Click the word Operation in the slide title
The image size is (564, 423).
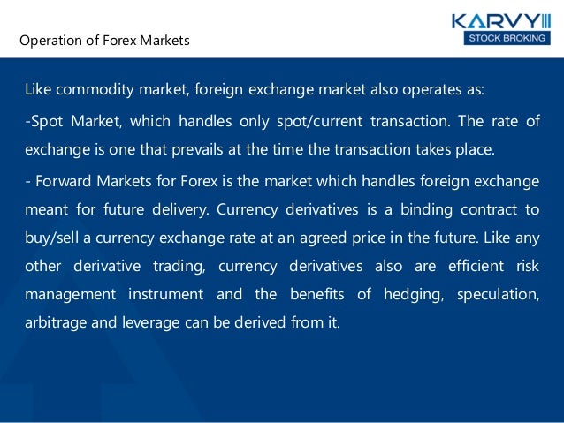point(50,41)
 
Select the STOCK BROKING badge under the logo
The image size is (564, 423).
point(502,38)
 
